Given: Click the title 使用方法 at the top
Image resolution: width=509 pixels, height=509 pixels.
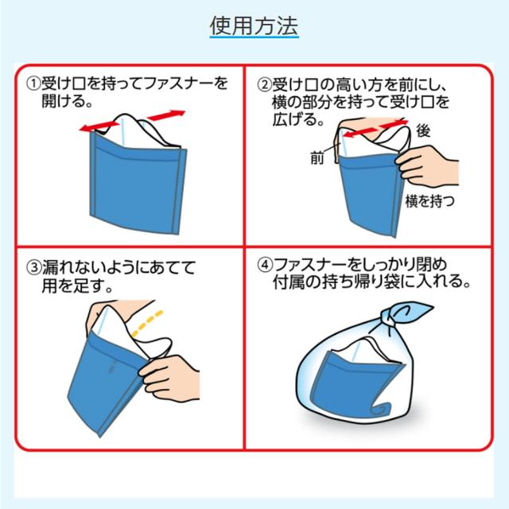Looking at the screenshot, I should coord(254,25).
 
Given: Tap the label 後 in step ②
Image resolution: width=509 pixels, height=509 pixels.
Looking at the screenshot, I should coord(423,131).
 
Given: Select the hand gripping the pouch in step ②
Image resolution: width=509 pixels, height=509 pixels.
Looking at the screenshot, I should coord(429,167).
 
